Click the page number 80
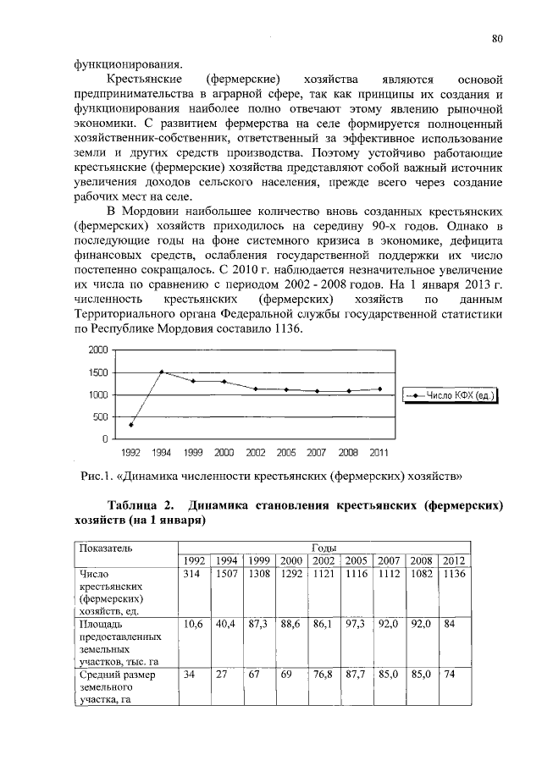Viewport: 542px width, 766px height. pyautogui.click(x=497, y=37)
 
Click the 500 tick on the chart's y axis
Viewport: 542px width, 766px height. pyautogui.click(x=100, y=417)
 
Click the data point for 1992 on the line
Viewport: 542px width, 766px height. pyautogui.click(x=130, y=425)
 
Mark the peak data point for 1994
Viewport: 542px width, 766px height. pyautogui.click(x=162, y=372)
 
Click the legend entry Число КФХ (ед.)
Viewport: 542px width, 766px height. pyautogui.click(x=452, y=395)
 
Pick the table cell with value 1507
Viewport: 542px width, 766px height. pyautogui.click(x=228, y=574)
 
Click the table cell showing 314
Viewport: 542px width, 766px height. pyautogui.click(x=194, y=574)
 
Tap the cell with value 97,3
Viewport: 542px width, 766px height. pyautogui.click(x=357, y=623)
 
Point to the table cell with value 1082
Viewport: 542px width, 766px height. pyautogui.click(x=421, y=574)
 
